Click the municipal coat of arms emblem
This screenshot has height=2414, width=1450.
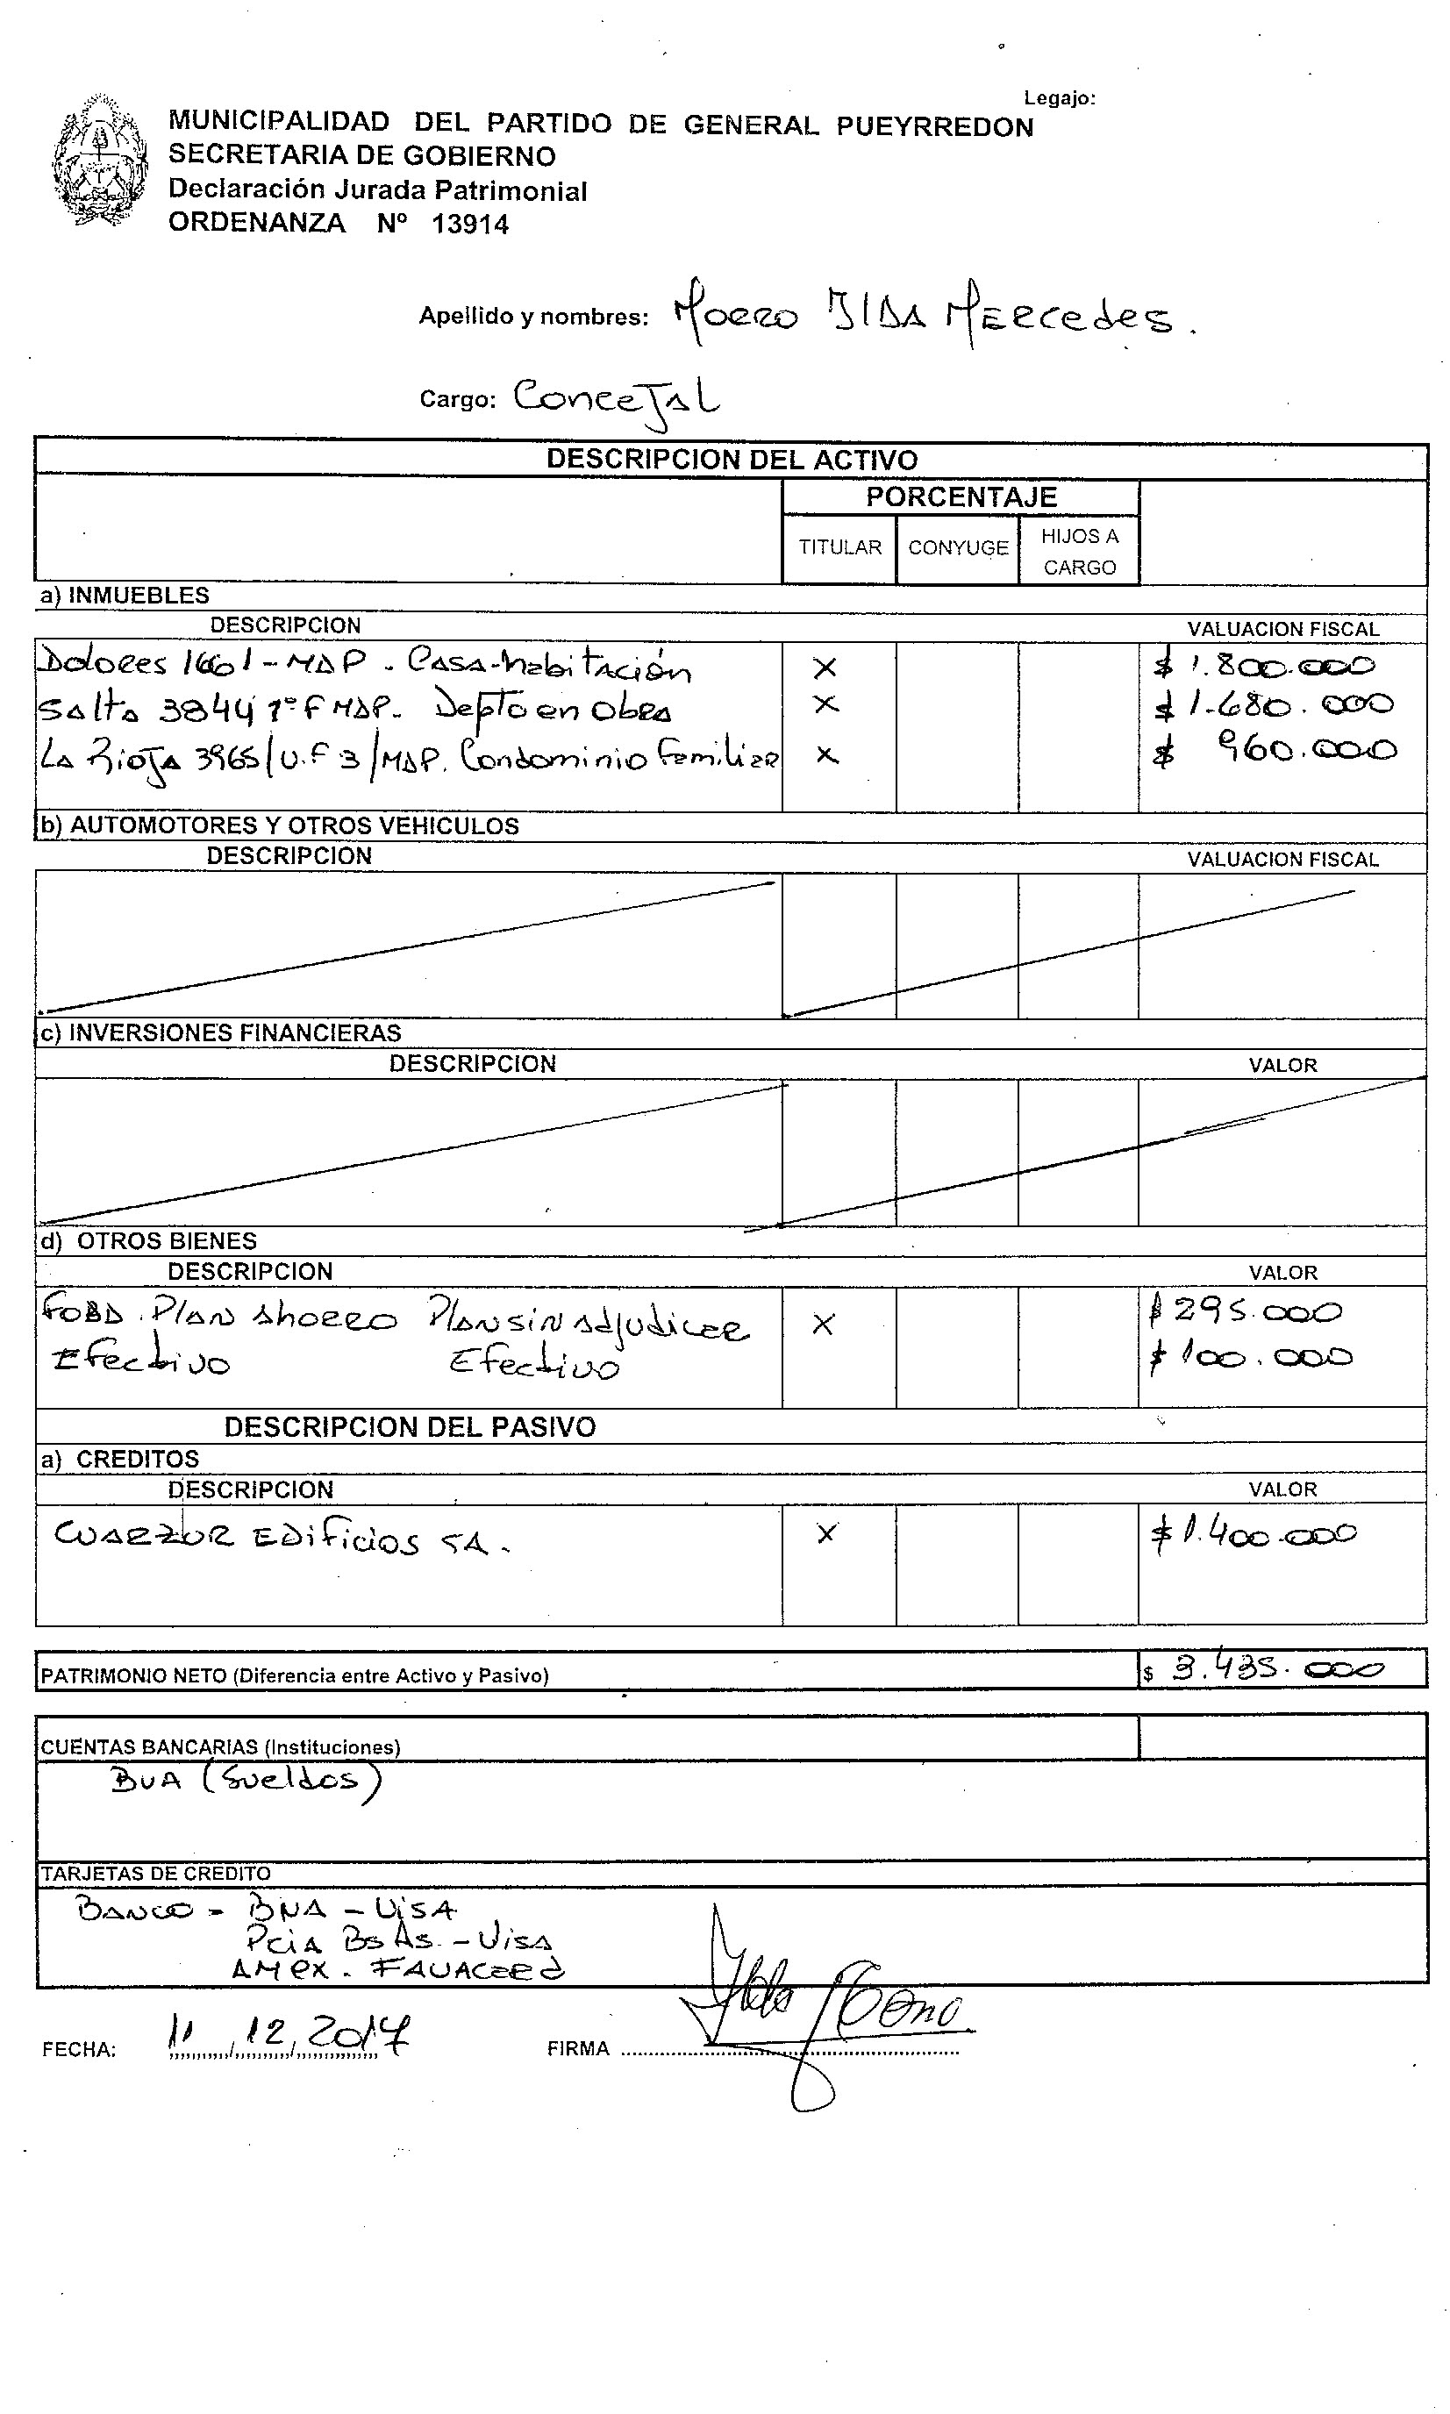coord(100,161)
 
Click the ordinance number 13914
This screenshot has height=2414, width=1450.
coord(470,225)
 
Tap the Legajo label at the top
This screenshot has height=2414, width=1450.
coord(1059,97)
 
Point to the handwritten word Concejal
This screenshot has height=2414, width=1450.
coord(616,398)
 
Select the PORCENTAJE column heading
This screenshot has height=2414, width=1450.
coord(961,497)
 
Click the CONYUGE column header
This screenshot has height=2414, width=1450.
coord(958,548)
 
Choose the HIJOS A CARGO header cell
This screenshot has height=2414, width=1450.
coord(1079,551)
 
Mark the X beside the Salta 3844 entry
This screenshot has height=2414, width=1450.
coord(826,704)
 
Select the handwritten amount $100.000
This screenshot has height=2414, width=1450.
coord(1252,1356)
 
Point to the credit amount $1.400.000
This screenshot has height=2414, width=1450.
coord(1254,1534)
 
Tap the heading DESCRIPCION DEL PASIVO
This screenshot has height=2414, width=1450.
coord(410,1427)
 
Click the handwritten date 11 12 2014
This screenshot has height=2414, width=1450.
coord(289,2034)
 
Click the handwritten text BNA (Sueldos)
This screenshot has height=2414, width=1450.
coord(244,1780)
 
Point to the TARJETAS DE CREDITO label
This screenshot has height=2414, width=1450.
coord(155,1873)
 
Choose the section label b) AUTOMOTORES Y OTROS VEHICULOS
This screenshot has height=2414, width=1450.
coord(278,826)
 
